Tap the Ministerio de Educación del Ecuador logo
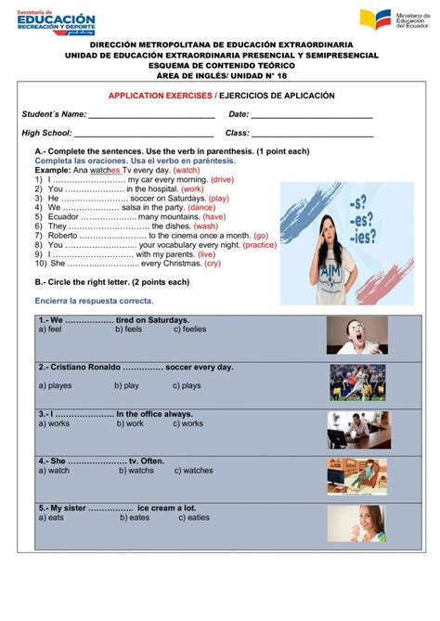390,19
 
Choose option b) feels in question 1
129,329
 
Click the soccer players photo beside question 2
356,382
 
